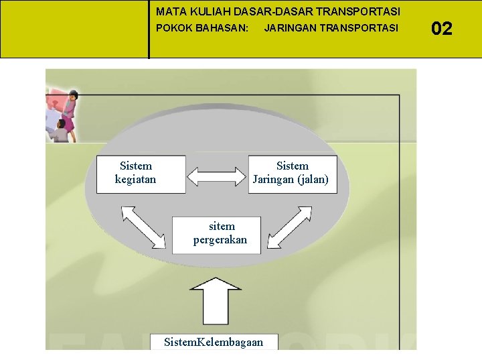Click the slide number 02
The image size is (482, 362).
pyautogui.click(x=442, y=28)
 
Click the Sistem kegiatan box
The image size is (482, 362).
pyautogui.click(x=141, y=174)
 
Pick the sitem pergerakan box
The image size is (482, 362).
pyautogui.click(x=216, y=235)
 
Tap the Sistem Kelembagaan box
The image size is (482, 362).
pyautogui.click(x=214, y=341)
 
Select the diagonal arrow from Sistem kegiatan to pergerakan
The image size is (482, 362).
pyautogui.click(x=143, y=227)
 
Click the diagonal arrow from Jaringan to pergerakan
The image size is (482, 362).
pyautogui.click(x=290, y=227)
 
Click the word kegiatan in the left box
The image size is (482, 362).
pyautogui.click(x=136, y=180)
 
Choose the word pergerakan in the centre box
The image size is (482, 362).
pyautogui.click(x=220, y=240)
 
